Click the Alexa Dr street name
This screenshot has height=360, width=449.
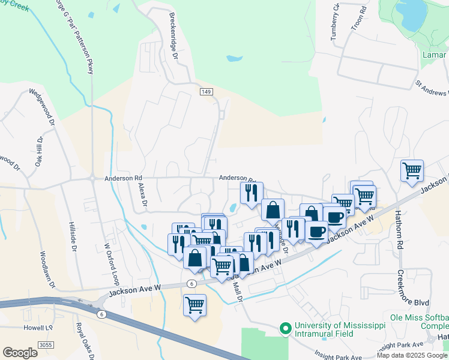[x=143, y=195]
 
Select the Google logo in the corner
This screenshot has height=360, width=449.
[x=20, y=353]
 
